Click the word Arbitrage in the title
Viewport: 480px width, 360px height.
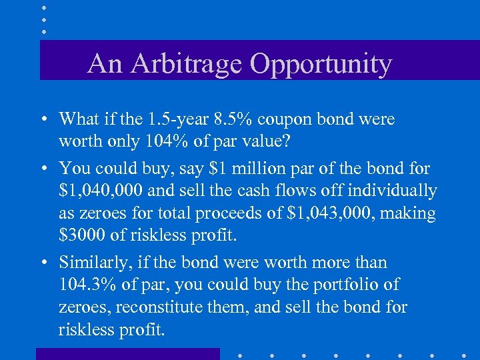pyautogui.click(x=189, y=64)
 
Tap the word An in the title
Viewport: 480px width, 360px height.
pyautogui.click(x=105, y=64)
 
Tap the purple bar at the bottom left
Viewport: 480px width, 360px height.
pyautogui.click(x=127, y=354)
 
